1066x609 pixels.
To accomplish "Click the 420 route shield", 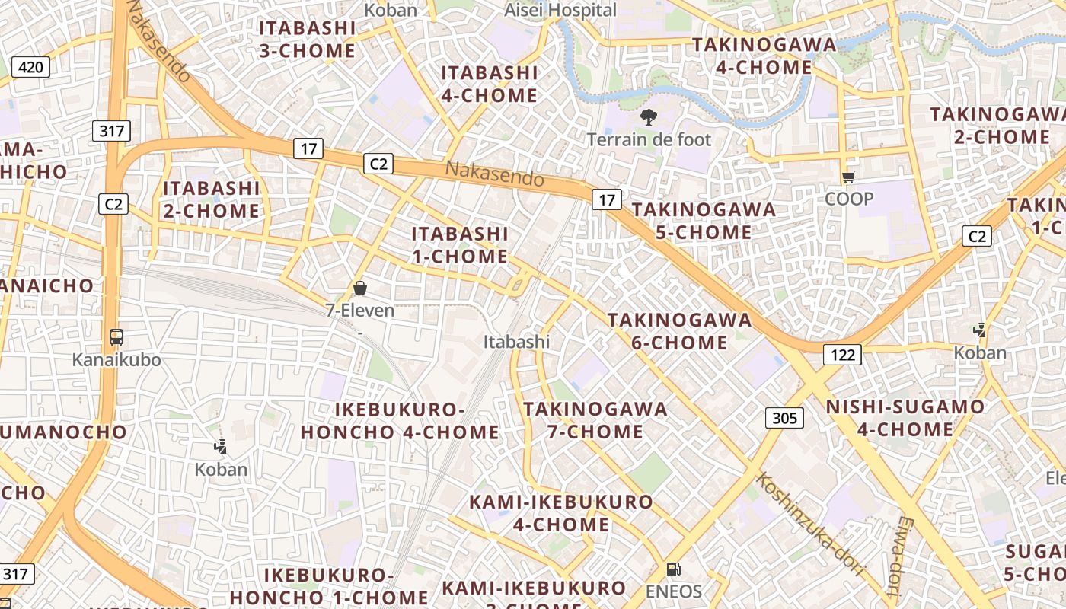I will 30,67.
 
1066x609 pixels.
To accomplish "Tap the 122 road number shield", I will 841,354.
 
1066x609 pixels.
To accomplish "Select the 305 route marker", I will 784,417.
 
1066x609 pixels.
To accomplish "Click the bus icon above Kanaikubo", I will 116,337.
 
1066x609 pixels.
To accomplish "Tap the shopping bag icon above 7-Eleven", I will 360,288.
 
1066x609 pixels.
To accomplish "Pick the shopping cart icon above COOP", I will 849,177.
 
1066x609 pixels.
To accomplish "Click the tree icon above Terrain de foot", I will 649,117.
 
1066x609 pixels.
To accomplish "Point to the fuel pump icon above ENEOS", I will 673,569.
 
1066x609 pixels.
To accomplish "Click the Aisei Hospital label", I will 560,10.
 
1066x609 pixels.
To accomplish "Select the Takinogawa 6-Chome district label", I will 679,331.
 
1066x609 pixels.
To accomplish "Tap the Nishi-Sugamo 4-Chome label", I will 905,418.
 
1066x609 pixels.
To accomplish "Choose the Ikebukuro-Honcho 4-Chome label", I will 400,421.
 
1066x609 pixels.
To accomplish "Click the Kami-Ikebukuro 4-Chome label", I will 561,513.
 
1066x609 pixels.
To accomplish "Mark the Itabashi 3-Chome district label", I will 307,40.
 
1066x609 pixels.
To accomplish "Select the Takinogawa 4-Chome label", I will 764,56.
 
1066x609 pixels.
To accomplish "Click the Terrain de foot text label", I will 649,139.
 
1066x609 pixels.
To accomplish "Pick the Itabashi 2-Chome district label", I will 212,199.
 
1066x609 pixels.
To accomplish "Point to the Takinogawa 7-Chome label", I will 595,420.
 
